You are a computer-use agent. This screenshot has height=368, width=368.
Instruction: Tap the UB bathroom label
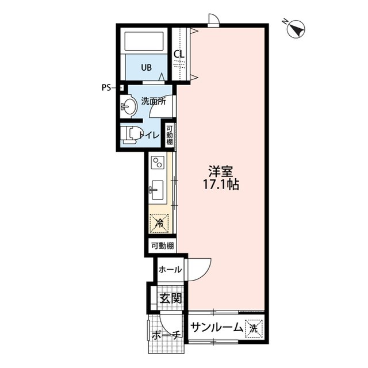(147, 67)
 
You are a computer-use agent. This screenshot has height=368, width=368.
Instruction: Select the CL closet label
(179, 55)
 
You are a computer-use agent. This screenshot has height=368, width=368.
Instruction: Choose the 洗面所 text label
(154, 101)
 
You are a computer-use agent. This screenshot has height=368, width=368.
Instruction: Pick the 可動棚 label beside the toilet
(170, 135)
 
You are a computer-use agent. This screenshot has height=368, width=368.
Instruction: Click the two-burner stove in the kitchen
(158, 163)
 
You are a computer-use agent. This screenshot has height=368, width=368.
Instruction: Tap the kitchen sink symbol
(157, 189)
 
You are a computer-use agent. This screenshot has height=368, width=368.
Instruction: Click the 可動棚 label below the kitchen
(161, 246)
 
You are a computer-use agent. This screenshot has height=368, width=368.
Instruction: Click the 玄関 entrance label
(170, 298)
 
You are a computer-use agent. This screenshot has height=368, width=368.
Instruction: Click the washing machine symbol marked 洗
(253, 328)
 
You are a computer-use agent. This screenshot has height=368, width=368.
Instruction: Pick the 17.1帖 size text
(221, 185)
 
